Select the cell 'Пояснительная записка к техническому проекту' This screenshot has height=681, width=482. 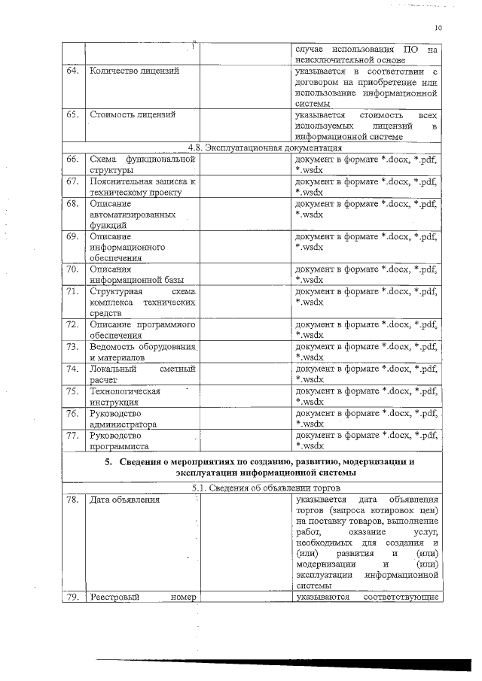142,187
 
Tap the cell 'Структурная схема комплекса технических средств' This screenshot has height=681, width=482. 142,301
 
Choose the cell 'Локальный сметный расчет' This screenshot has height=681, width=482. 142,374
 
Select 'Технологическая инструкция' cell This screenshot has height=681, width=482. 124,397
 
